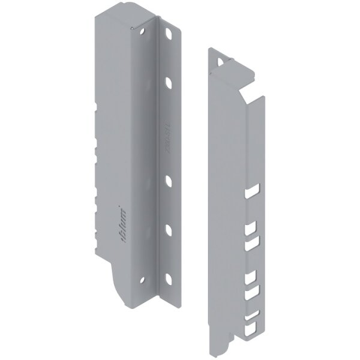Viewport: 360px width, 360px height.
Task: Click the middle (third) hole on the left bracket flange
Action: [x=169, y=179]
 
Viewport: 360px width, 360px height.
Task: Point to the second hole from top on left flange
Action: [x=170, y=79]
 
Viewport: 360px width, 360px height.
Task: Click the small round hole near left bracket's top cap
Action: [x=144, y=28]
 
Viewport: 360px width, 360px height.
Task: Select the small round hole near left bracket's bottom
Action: [x=143, y=280]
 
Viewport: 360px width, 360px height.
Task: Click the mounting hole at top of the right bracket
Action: [x=226, y=60]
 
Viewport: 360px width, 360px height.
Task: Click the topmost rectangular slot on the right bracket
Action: [x=251, y=193]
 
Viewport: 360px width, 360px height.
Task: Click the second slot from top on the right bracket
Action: [x=251, y=228]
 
